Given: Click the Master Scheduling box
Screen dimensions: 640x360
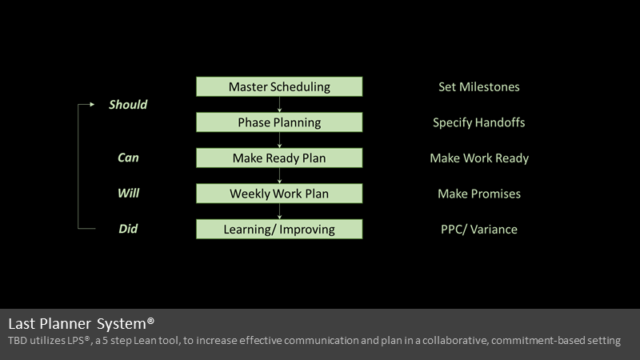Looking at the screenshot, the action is tap(279, 86).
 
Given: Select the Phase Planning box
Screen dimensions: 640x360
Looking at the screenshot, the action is tap(279, 122).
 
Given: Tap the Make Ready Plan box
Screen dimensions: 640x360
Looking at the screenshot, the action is tap(279, 158).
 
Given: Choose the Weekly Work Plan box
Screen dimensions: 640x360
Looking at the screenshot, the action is tap(279, 194).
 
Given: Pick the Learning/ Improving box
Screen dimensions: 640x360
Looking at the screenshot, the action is tap(279, 229).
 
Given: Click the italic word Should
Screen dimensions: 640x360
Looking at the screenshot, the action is tap(128, 105).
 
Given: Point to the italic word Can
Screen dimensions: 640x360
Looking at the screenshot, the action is tap(128, 158).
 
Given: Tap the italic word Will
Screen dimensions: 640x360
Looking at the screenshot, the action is tap(128, 193).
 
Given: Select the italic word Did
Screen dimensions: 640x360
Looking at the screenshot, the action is tap(128, 229).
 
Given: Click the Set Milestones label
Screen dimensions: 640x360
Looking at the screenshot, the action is tap(478, 86).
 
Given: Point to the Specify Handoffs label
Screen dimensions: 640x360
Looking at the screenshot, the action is tap(478, 122).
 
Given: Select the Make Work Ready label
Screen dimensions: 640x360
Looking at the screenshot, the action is tap(479, 158).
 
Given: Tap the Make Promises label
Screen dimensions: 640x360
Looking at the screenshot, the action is tap(479, 194).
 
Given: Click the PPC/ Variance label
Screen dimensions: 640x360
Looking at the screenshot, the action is tap(478, 230).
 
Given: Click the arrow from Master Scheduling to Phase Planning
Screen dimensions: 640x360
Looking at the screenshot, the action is tap(279, 105).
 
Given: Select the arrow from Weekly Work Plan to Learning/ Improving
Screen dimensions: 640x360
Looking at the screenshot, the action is tap(279, 211).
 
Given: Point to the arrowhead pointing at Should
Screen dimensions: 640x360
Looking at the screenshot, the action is tap(92, 105).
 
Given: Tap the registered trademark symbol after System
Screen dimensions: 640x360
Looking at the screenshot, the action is tap(150, 321).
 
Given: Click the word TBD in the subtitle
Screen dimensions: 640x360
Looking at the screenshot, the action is tap(18, 341).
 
